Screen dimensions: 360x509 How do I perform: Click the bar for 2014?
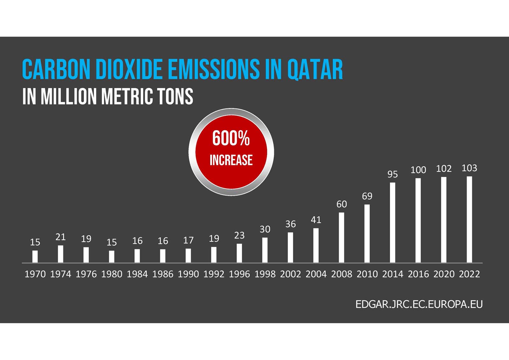pyautogui.click(x=393, y=222)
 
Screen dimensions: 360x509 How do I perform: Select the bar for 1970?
pyautogui.click(x=35, y=256)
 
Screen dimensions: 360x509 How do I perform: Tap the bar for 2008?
pyautogui.click(x=341, y=237)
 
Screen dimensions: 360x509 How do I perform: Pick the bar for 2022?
pyautogui.click(x=469, y=219)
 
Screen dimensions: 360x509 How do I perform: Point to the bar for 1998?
pyautogui.click(x=265, y=250)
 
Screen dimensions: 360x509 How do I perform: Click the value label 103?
pyautogui.click(x=469, y=168)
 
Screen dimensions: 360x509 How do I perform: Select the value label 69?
pyautogui.click(x=367, y=196)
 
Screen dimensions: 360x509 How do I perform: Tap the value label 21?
pyautogui.click(x=60, y=237)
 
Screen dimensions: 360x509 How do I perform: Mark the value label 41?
pyautogui.click(x=316, y=220)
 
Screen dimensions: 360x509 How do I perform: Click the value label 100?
pyautogui.click(x=418, y=170)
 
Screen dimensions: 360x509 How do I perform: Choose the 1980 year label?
pyautogui.click(x=112, y=274)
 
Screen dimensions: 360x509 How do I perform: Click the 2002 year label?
pyautogui.click(x=290, y=274)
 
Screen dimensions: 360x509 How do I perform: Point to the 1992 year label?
pyautogui.click(x=214, y=274)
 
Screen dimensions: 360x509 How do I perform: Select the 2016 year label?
pyautogui.click(x=418, y=274)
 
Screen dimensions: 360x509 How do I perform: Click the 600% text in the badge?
pyautogui.click(x=231, y=139)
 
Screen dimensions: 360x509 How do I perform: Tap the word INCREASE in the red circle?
pyautogui.click(x=231, y=160)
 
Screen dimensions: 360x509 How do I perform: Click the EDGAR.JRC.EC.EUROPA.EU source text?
pyautogui.click(x=419, y=304)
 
